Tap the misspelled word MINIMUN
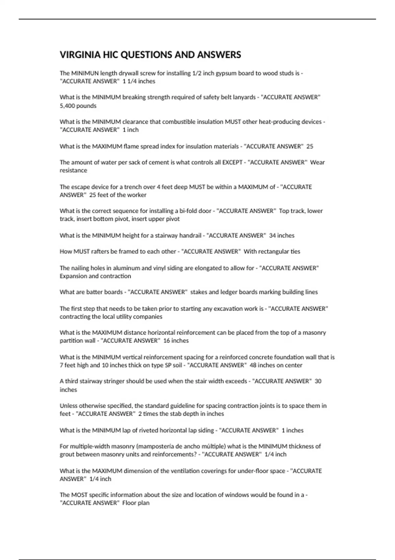[x=85, y=73]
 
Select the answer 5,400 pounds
[x=78, y=106]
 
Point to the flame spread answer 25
[x=310, y=146]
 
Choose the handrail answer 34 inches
[x=282, y=236]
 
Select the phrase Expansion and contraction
[x=95, y=276]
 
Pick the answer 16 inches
[x=176, y=341]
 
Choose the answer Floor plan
[x=136, y=503]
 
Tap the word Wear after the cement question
[x=318, y=162]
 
